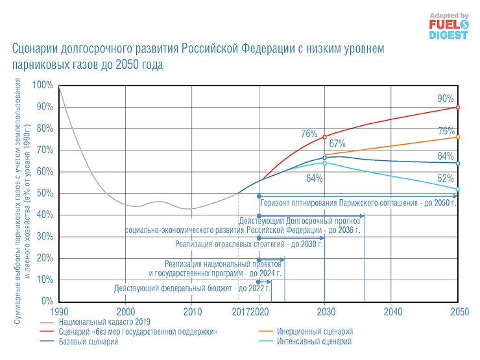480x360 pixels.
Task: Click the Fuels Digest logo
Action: pos(448,26)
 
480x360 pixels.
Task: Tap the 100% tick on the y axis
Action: pos(43,85)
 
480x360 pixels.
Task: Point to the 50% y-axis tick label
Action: pos(45,193)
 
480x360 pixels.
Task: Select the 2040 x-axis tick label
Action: pos(392,311)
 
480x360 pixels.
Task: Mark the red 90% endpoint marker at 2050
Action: pos(458,107)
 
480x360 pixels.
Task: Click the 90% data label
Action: pos(446,98)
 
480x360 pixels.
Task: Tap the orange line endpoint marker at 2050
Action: pos(458,137)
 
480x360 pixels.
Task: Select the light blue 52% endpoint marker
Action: pos(458,189)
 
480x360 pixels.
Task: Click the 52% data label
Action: pos(446,178)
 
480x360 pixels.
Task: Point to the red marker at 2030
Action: pos(325,137)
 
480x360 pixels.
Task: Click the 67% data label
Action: pos(337,143)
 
